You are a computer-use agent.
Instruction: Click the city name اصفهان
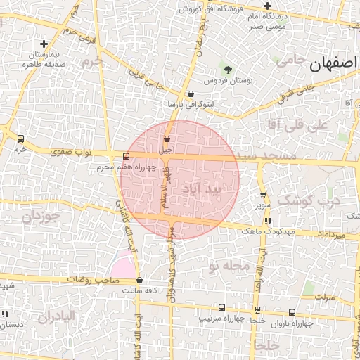333,66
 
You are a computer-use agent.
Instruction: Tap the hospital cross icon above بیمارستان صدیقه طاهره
44,44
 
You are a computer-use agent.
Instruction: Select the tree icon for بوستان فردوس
227,69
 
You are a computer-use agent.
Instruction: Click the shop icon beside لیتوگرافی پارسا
191,94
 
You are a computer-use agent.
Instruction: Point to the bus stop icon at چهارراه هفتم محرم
126,156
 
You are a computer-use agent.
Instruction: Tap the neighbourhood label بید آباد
201,190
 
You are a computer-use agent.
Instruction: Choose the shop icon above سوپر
263,195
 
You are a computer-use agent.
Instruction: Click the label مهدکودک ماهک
261,231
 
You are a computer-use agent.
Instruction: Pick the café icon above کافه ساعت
139,281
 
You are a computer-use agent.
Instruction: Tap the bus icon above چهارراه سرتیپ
222,307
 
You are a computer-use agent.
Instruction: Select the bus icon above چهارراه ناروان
292,313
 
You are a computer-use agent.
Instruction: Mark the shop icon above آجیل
167,139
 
